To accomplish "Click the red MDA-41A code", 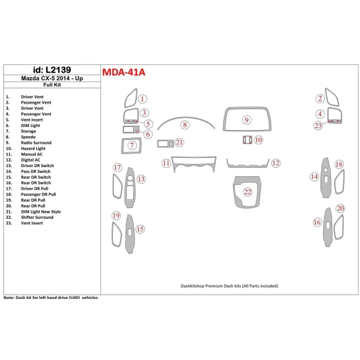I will (123, 72).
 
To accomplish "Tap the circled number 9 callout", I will (247, 120).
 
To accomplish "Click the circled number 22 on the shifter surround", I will (248, 192).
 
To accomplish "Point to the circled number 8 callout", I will (184, 125).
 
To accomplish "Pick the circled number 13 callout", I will (141, 179).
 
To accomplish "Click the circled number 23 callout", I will (318, 126).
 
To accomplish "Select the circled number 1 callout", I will (142, 99).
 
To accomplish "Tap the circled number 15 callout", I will (141, 229).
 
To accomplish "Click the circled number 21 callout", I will (179, 142).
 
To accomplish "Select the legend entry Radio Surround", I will (37, 143).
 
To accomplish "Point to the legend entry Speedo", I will (28, 137).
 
